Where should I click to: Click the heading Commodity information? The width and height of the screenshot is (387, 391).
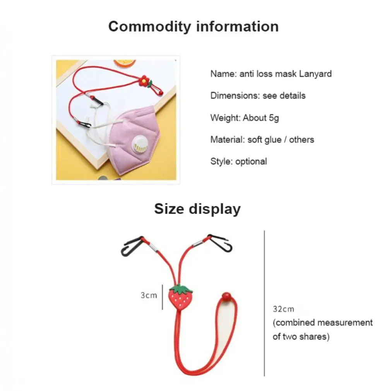click(193, 26)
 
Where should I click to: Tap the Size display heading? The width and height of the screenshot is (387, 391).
click(197, 209)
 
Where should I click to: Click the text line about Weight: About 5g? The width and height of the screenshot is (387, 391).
click(244, 118)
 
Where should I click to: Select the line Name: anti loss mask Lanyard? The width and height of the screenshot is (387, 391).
click(271, 74)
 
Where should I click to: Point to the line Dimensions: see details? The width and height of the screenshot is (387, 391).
click(258, 95)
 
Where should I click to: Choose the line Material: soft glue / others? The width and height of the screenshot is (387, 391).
click(262, 140)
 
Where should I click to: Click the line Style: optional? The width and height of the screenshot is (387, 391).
click(238, 161)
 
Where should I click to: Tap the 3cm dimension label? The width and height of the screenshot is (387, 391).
click(149, 295)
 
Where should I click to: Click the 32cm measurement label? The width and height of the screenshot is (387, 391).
click(283, 309)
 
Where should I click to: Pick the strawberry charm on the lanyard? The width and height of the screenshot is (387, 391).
click(181, 298)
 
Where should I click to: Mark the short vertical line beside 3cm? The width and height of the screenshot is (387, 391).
click(162, 297)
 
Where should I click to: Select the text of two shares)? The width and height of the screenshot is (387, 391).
click(301, 337)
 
